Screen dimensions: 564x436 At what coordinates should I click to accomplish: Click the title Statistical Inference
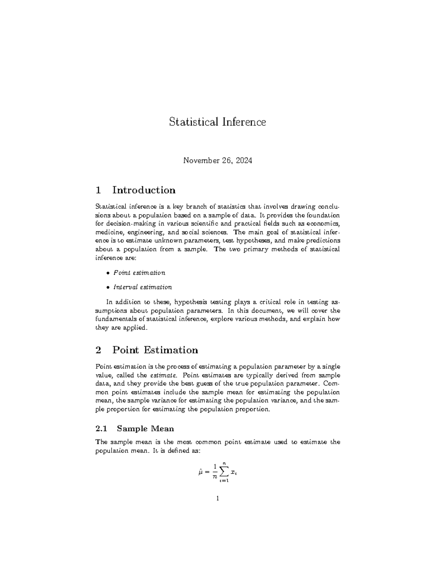217,122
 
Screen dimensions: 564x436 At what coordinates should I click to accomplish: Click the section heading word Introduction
144,190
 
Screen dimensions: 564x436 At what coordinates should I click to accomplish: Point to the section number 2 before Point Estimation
98,350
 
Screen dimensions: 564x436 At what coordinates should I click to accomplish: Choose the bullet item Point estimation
139,272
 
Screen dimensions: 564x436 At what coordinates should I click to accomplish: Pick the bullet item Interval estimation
142,287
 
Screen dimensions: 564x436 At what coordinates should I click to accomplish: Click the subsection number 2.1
101,429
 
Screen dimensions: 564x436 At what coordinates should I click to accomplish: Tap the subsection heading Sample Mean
145,429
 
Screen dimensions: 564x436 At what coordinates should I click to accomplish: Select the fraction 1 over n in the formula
215,472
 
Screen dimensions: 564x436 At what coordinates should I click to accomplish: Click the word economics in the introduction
324,223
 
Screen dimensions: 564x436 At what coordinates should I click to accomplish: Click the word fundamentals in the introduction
116,319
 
